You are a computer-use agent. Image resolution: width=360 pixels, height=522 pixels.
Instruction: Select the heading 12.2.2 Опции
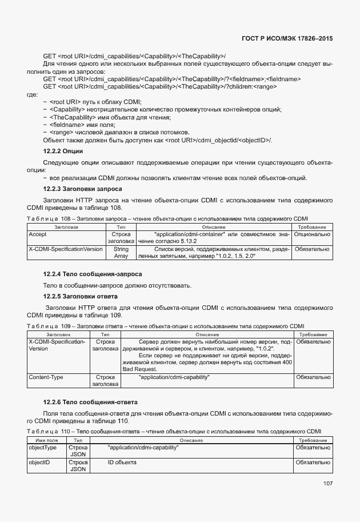[63, 151]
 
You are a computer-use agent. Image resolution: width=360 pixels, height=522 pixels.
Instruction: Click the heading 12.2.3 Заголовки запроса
[82, 189]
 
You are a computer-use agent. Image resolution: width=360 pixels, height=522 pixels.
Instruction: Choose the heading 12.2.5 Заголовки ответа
[81, 296]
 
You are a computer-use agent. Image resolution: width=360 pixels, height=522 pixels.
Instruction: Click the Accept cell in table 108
[38, 234]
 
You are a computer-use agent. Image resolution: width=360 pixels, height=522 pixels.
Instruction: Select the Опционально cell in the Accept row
[312, 234]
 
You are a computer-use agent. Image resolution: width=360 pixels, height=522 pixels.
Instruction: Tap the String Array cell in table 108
[121, 253]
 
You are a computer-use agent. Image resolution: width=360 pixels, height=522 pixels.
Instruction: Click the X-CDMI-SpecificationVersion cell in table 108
[66, 249]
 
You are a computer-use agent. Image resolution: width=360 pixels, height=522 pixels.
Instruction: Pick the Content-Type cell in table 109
[46, 377]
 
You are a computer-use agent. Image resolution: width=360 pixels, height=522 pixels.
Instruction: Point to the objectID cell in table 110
[38, 461]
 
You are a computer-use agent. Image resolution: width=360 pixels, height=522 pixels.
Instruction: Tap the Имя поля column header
[47, 441]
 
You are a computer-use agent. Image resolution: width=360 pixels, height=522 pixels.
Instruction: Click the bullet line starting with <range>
[99, 132]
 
